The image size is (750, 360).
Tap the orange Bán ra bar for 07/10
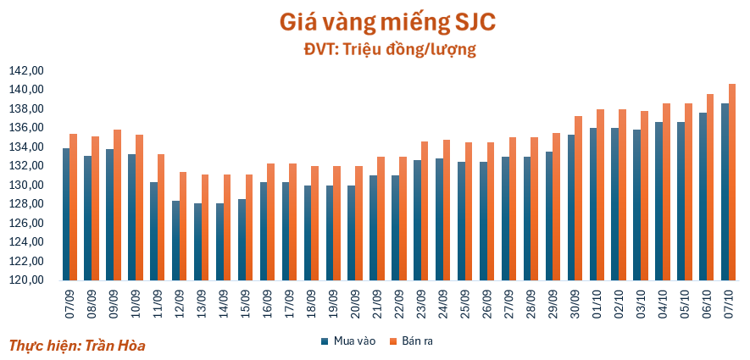(x=732, y=182)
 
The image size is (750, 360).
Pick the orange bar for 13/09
(x=205, y=227)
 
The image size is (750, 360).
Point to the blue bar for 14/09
(x=219, y=241)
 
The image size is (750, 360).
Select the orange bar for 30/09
(x=578, y=198)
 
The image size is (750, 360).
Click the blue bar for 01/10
(x=593, y=204)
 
